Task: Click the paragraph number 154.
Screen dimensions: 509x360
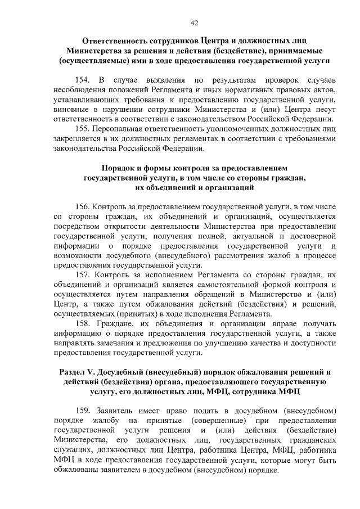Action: pyautogui.click(x=83, y=78)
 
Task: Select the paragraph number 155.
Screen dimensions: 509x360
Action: pyautogui.click(x=83, y=129)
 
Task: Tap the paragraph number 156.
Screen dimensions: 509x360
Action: pyautogui.click(x=83, y=206)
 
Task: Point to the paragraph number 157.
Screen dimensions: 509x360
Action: pyautogui.click(x=83, y=274)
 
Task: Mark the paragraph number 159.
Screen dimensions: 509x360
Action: pyautogui.click(x=83, y=409)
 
